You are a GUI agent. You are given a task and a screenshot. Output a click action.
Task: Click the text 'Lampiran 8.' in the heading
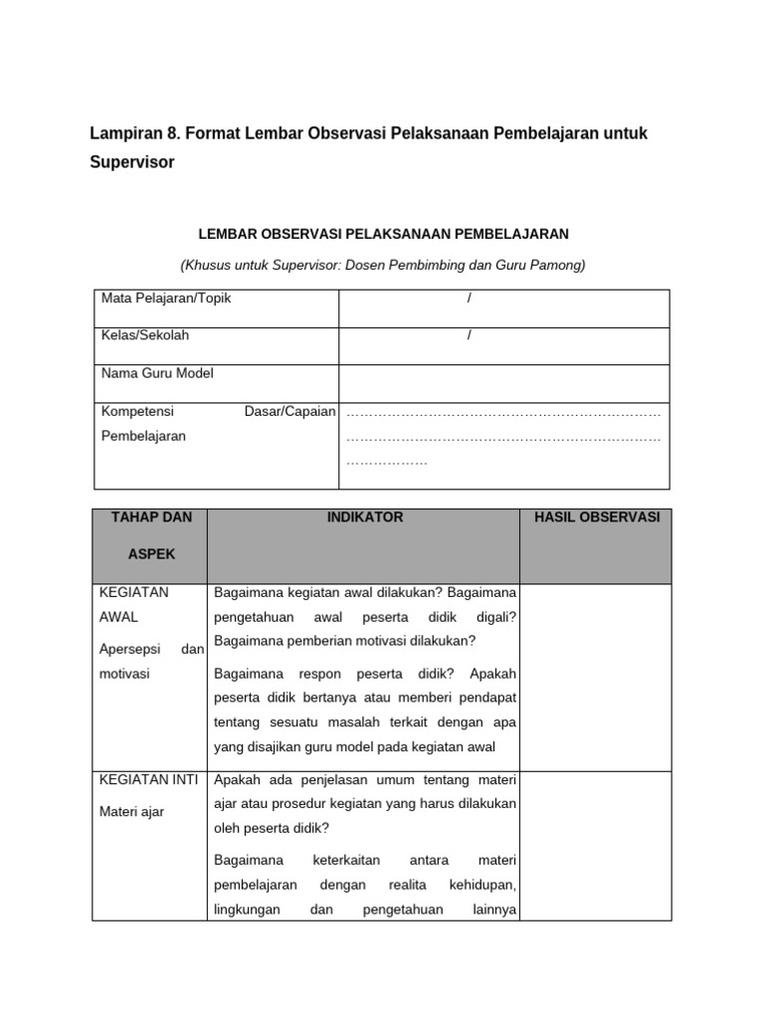pos(132,133)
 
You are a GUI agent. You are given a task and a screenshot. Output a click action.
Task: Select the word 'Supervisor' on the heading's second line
pos(132,162)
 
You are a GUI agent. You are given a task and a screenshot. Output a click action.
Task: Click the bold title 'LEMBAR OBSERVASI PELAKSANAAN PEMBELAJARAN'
pos(383,234)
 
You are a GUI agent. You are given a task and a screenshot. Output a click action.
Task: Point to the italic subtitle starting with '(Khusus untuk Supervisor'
pos(383,265)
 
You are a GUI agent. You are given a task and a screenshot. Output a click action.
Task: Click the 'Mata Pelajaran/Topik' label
pos(166,299)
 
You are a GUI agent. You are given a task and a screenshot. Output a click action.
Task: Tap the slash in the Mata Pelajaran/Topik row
pos(469,299)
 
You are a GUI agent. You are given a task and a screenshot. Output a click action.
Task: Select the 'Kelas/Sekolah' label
pos(145,335)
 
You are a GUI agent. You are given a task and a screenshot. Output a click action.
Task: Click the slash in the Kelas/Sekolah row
pos(469,335)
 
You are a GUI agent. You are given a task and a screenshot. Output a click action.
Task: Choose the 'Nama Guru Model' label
pos(157,373)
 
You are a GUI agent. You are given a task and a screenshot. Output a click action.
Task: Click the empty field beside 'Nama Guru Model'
pos(503,381)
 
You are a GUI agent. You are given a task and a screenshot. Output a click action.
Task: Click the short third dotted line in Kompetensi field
pos(387,463)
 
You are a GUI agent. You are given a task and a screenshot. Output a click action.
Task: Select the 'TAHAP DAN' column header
pos(151,517)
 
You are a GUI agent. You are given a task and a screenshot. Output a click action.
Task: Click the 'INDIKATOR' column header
pos(365,517)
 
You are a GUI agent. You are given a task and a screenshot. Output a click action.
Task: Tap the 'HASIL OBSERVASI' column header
pos(597,517)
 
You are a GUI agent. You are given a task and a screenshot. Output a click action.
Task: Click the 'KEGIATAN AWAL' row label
pos(135,604)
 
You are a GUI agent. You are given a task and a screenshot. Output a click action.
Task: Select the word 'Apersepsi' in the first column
pos(127,649)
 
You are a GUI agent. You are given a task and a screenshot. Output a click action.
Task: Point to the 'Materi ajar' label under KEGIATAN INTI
pos(132,812)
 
